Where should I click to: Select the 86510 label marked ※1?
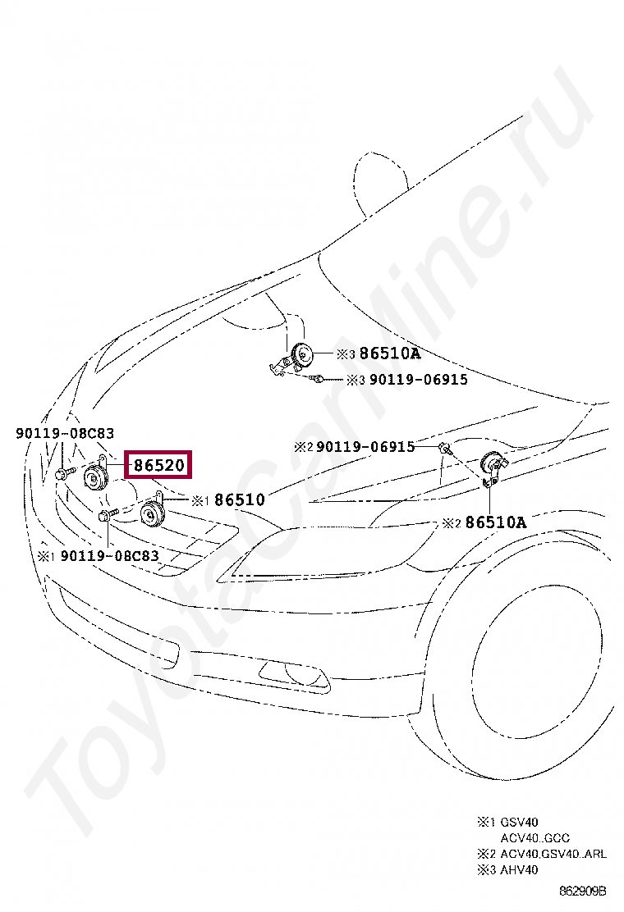pyautogui.click(x=239, y=499)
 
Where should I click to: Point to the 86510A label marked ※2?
pyautogui.click(x=495, y=522)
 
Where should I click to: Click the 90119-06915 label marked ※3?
pyautogui.click(x=418, y=380)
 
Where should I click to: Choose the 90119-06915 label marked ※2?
pyautogui.click(x=365, y=447)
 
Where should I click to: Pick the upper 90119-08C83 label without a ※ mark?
pyautogui.click(x=65, y=433)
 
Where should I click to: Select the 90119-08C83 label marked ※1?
pyautogui.click(x=108, y=555)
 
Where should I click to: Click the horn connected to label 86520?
pyautogui.click(x=95, y=477)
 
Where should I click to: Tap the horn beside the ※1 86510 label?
pyautogui.click(x=151, y=515)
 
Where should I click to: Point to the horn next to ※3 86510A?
pyautogui.click(x=301, y=356)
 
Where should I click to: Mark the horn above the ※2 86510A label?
pyautogui.click(x=492, y=465)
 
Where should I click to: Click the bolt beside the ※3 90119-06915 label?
pyautogui.click(x=318, y=379)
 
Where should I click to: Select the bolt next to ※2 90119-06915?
pyautogui.click(x=443, y=448)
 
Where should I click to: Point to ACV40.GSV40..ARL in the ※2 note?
pyautogui.click(x=553, y=854)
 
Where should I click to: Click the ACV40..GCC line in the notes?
pyautogui.click(x=535, y=838)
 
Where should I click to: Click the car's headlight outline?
pyautogui.click(x=328, y=547)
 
